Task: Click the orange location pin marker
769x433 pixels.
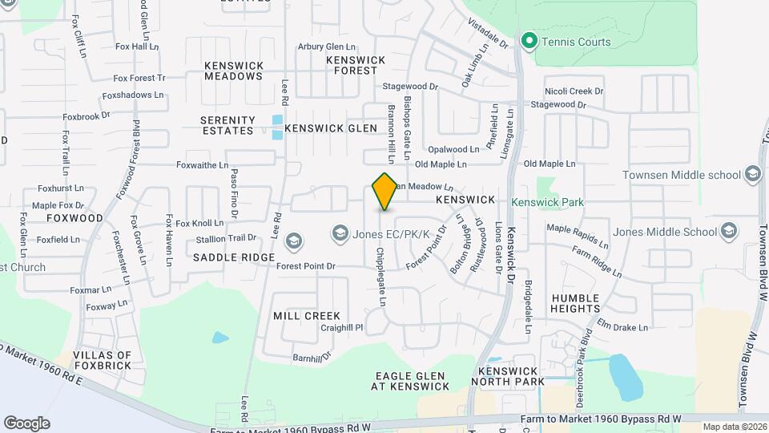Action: (385, 191)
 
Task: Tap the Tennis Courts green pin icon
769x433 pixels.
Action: (529, 40)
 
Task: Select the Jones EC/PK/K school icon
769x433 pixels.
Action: (340, 233)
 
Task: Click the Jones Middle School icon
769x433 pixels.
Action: (728, 232)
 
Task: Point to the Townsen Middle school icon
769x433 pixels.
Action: (752, 174)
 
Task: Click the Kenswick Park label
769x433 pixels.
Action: (548, 203)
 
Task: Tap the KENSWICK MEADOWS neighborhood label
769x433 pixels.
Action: (233, 71)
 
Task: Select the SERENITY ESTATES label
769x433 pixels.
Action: (228, 125)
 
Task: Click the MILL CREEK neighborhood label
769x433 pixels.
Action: (307, 316)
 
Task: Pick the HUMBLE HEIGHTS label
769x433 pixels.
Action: (575, 303)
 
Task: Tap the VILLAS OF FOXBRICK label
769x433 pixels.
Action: (102, 360)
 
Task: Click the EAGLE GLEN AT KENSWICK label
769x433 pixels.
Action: (413, 381)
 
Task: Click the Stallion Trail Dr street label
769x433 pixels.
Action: (226, 238)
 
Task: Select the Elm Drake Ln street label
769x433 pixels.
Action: (622, 327)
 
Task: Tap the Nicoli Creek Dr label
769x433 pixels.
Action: (574, 91)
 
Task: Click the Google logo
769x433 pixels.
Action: (26, 423)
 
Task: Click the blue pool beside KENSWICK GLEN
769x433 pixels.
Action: (277, 127)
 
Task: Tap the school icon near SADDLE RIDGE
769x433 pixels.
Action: (294, 241)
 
